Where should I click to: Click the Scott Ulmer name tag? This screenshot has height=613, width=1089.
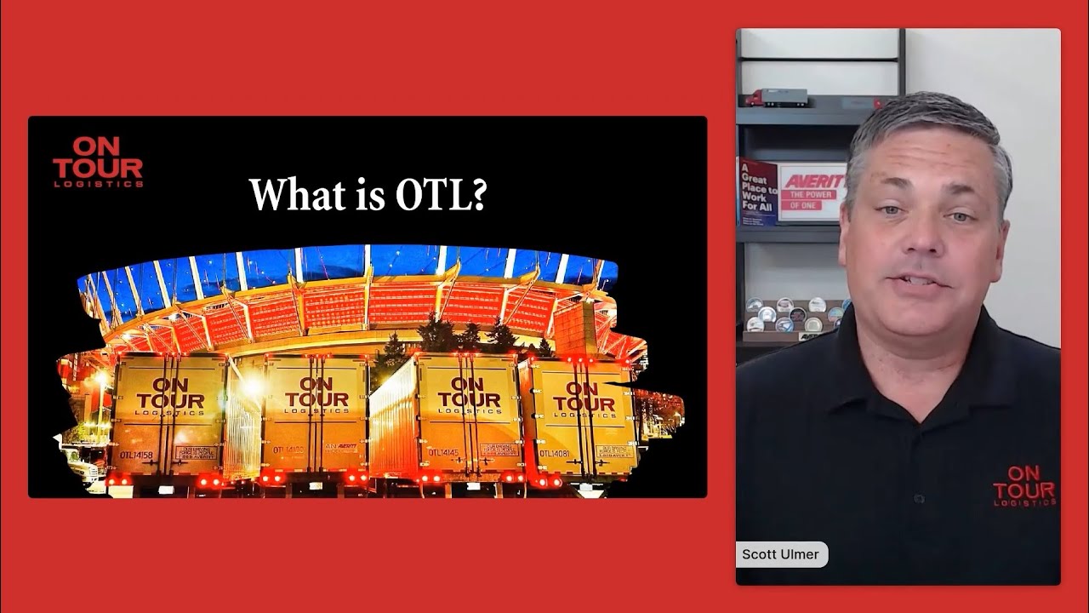tap(780, 554)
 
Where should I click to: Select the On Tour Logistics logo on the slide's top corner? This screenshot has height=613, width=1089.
tap(98, 162)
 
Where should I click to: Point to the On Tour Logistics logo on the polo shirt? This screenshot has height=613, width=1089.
tap(1024, 485)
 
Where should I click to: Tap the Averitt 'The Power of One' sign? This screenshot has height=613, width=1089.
tap(812, 192)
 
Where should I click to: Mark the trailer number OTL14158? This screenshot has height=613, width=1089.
tap(136, 455)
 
